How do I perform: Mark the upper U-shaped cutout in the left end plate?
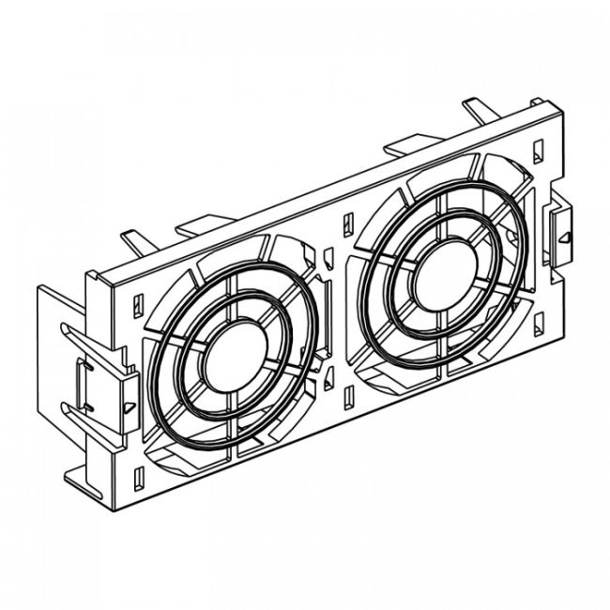click(70, 334)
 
